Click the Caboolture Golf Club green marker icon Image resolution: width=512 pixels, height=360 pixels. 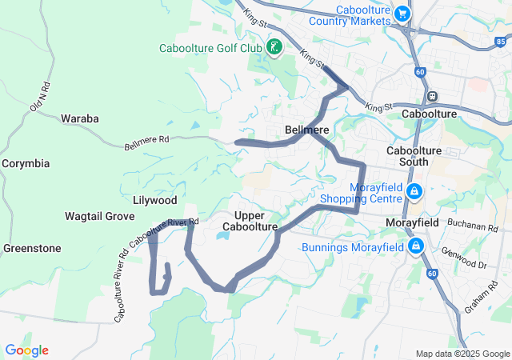click(274, 48)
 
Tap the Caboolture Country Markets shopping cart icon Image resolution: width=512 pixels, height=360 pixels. click(402, 14)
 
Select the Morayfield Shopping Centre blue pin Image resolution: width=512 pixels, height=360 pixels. click(414, 192)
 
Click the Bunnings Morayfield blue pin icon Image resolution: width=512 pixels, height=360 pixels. click(416, 246)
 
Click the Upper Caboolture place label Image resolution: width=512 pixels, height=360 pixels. click(255, 222)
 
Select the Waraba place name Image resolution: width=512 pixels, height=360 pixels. click(80, 118)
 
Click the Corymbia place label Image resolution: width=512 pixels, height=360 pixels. click(26, 163)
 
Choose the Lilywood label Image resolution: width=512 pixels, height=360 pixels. click(155, 199)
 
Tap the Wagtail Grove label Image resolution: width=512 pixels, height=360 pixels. click(99, 216)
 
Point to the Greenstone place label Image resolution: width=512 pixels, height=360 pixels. click(32, 248)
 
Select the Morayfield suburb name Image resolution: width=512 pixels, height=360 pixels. click(412, 222)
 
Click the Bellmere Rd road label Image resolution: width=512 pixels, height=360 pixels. click(147, 142)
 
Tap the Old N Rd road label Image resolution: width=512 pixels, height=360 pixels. click(38, 96)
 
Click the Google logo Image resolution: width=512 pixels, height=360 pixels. click(26, 350)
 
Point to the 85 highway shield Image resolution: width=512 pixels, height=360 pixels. click(501, 41)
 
